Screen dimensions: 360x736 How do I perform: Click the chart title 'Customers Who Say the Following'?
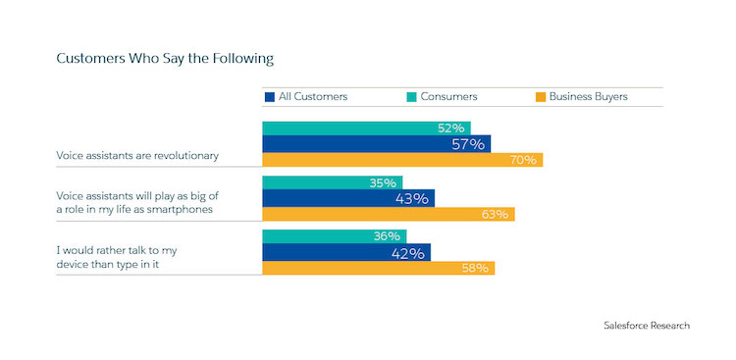[164, 59]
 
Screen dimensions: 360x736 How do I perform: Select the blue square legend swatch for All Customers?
[269, 97]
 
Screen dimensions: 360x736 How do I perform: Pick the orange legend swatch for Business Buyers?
[539, 97]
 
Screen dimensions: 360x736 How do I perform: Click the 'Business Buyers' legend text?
[589, 97]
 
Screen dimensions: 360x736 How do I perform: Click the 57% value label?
[468, 144]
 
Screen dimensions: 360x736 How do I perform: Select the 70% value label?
[522, 160]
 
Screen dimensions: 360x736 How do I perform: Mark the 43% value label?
[412, 198]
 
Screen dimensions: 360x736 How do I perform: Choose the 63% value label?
[495, 214]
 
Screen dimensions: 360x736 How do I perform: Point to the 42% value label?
[408, 252]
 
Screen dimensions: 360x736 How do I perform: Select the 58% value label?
[475, 268]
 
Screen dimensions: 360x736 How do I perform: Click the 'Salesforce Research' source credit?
[647, 325]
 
